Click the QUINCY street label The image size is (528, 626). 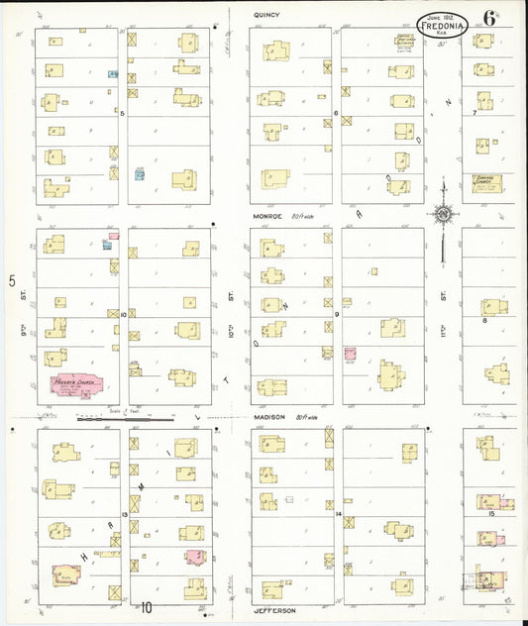pos(266,15)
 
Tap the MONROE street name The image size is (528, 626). pos(266,216)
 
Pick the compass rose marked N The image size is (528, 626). pos(443,211)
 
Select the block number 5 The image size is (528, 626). pos(122,114)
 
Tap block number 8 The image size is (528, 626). pos(484,320)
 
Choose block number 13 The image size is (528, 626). pos(125,515)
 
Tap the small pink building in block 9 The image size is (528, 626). pos(349,353)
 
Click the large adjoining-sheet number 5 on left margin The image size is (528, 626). pos(13,282)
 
